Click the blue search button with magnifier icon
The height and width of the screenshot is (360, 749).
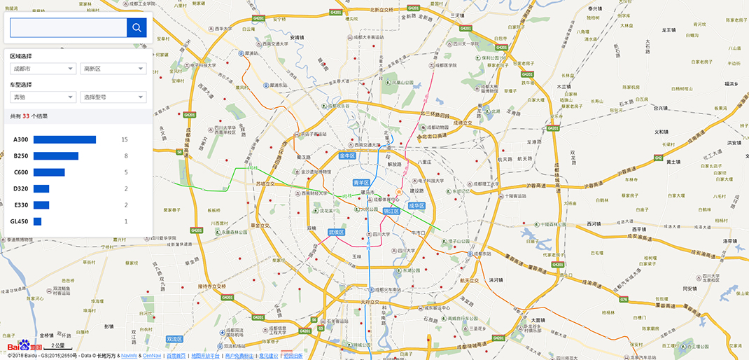136,27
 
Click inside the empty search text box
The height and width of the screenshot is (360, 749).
68,27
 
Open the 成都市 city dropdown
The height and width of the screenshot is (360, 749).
43,69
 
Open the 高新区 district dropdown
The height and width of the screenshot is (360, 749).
113,69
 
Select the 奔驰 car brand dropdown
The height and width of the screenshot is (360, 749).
43,97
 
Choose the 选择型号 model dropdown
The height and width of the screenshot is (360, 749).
113,97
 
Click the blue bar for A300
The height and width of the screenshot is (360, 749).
64,140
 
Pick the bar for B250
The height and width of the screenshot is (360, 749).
56,156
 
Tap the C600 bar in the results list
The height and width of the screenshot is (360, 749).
49,172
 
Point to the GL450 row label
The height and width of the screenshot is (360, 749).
20,221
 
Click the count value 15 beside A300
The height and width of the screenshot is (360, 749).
125,140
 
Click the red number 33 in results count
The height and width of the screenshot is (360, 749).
26,116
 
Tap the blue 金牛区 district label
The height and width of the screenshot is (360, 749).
348,155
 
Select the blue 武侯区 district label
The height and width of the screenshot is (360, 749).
337,232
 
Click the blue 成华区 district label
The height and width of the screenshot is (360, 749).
417,206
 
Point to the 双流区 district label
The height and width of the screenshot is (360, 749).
174,339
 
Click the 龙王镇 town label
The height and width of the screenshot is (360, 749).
668,30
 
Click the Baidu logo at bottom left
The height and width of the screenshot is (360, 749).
24,346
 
